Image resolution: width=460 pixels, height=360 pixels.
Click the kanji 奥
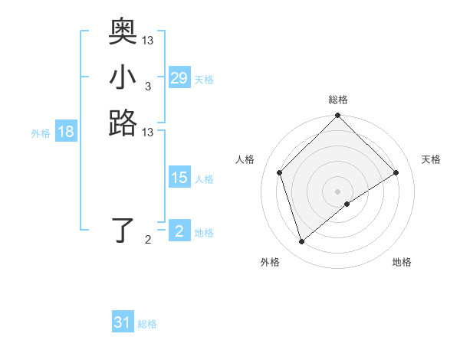(x=123, y=31)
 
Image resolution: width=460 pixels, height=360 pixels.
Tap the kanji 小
(x=123, y=77)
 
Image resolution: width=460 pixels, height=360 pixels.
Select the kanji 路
(x=123, y=123)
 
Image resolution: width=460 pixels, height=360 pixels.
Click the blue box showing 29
(x=179, y=78)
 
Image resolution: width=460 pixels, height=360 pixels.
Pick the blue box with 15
(x=179, y=178)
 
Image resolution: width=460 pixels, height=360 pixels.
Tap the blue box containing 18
(x=66, y=132)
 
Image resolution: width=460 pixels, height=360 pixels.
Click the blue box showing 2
(x=179, y=231)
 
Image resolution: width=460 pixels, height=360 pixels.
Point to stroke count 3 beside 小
(x=147, y=87)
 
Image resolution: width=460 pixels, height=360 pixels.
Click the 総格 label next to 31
(x=147, y=324)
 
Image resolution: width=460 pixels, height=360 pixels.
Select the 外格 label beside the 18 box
(x=41, y=133)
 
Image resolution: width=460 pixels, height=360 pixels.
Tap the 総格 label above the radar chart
(x=338, y=100)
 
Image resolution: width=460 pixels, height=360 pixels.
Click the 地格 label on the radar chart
(x=402, y=262)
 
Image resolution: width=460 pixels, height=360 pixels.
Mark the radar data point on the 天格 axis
(x=396, y=172)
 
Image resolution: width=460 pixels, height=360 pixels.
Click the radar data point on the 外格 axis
(x=301, y=242)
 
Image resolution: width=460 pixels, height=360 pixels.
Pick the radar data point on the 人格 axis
(x=280, y=172)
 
